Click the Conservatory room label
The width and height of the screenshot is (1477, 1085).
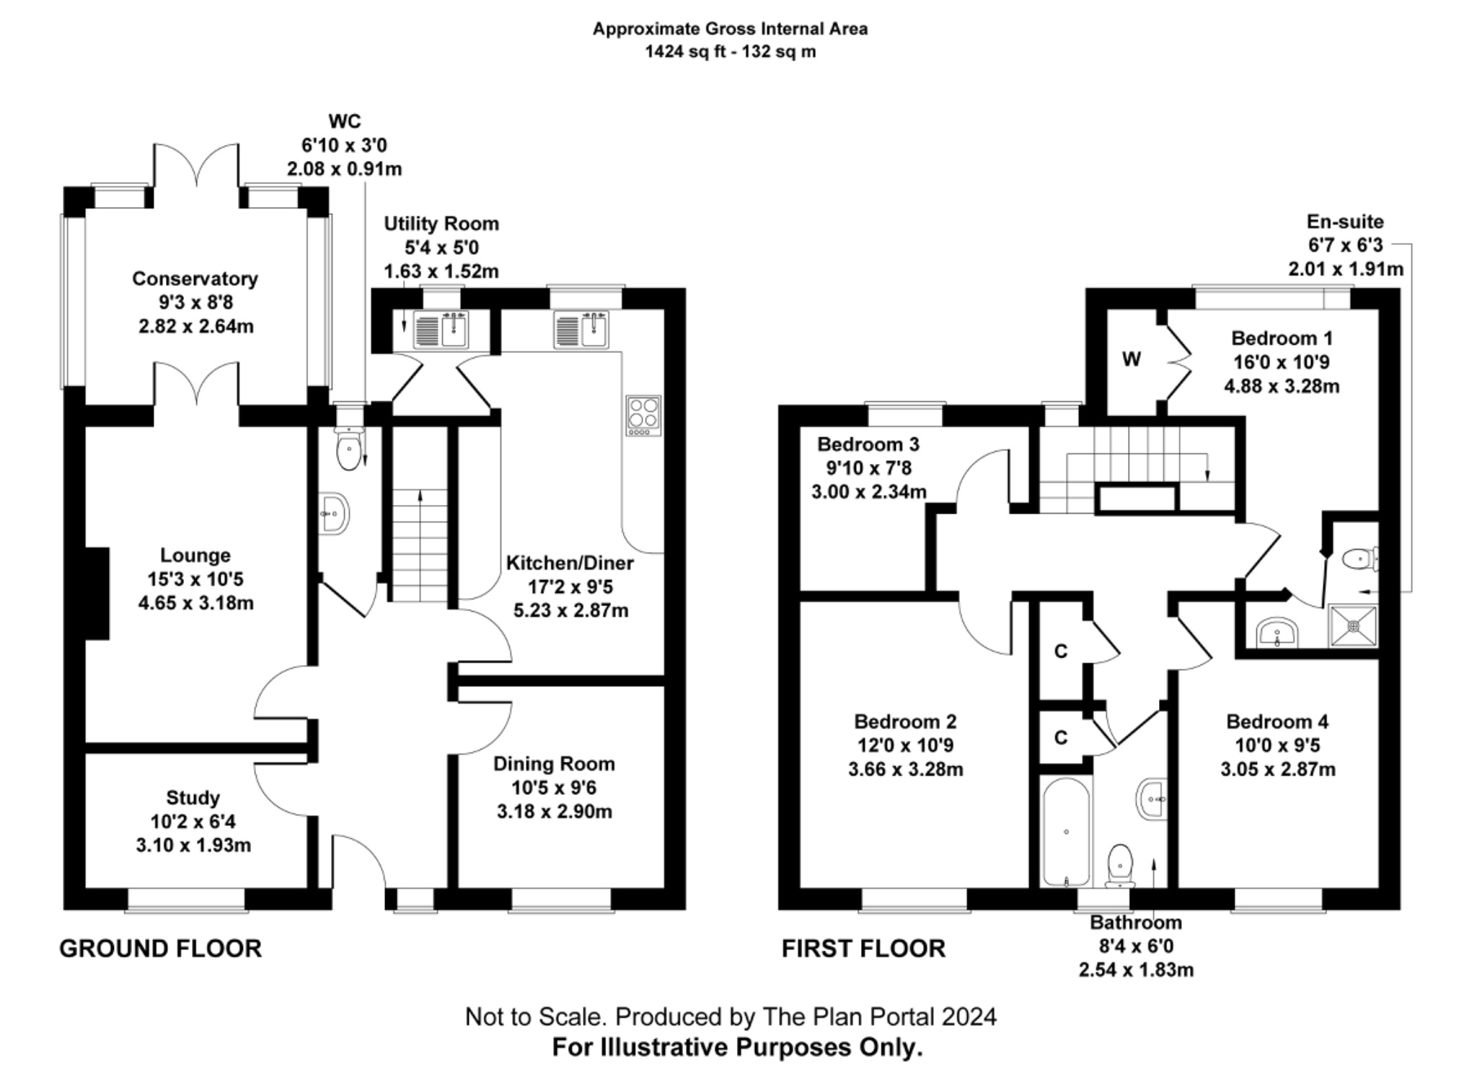click(195, 278)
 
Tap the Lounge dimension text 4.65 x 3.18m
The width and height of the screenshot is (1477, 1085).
click(195, 603)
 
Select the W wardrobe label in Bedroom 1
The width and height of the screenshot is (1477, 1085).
click(1132, 359)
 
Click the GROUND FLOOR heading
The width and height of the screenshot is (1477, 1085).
click(160, 949)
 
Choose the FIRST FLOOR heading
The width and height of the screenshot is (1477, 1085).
click(863, 949)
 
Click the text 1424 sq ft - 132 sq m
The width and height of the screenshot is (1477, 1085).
click(730, 52)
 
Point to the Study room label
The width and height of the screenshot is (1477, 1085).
click(193, 798)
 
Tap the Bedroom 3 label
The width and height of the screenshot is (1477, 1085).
click(868, 444)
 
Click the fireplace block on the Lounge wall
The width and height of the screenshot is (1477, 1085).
click(97, 593)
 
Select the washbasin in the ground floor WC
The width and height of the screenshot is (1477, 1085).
click(335, 514)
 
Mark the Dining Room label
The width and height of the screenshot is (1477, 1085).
click(554, 764)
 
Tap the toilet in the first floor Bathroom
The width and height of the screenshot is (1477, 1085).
click(1120, 864)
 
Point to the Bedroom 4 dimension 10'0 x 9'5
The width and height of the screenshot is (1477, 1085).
click(1277, 746)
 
